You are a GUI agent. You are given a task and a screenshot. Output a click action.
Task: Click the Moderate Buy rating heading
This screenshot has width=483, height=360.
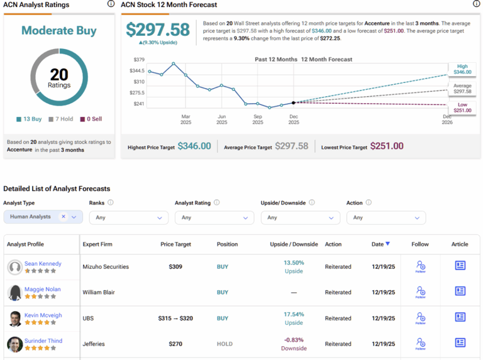click(x=58, y=30)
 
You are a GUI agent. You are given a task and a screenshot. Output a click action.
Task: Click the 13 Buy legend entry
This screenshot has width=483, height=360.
click(x=29, y=119)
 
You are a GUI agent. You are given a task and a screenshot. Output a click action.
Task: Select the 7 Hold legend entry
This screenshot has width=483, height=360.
click(x=62, y=119)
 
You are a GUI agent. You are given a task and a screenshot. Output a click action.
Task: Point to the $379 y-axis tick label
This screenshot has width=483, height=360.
click(x=138, y=60)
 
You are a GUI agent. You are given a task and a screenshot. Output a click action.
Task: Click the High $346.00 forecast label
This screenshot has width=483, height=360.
click(x=462, y=69)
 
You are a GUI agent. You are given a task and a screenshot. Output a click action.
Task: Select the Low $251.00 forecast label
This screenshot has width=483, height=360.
click(x=462, y=107)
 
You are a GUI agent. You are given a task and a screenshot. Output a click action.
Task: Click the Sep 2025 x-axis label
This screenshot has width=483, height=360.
click(x=258, y=119)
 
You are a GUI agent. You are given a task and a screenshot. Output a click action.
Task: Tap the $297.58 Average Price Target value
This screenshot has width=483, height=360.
click(x=292, y=146)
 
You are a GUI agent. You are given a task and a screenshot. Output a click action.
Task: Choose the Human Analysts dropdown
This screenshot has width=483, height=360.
click(x=43, y=217)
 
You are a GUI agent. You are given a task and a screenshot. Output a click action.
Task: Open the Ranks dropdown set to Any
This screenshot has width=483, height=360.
click(x=128, y=217)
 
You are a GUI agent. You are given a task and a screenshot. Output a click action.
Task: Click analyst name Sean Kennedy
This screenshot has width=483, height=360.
click(x=43, y=264)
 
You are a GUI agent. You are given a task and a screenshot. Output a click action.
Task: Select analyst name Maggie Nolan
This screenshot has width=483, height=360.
click(x=43, y=289)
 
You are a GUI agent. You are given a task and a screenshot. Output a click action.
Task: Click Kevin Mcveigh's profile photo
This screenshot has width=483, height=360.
click(x=15, y=319)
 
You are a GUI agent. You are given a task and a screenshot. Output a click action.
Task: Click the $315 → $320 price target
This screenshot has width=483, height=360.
click(x=175, y=319)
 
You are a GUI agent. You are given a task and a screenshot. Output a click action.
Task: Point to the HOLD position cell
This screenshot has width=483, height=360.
click(x=225, y=344)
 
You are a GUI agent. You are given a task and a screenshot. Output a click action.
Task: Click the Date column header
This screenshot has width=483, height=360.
click(x=380, y=244)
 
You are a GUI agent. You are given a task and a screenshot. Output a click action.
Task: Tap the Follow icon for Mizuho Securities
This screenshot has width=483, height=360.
click(x=420, y=266)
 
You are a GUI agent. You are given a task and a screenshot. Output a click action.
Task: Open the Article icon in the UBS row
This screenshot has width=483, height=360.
click(x=460, y=317)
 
